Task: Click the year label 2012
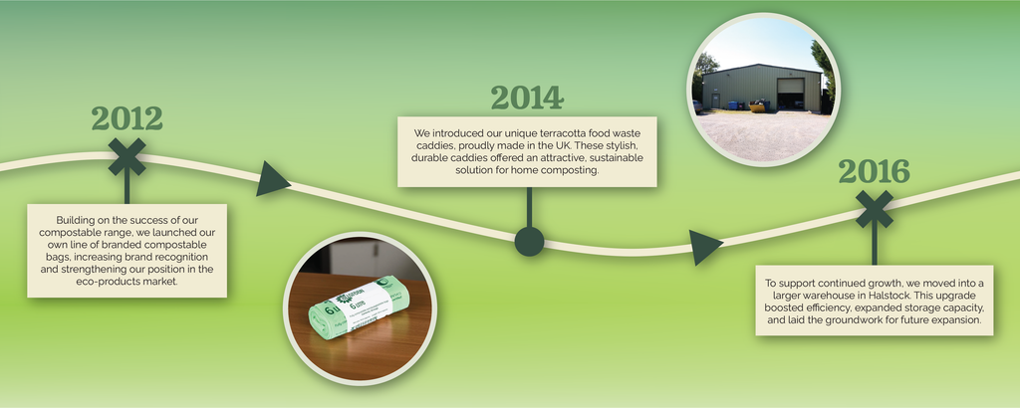(x=127, y=118)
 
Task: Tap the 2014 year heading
(x=527, y=98)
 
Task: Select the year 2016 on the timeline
(x=874, y=171)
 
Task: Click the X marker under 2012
(x=127, y=156)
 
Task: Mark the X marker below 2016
(x=875, y=209)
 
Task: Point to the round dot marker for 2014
(x=529, y=242)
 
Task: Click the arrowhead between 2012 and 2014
(x=272, y=179)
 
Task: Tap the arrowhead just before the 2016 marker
(x=705, y=247)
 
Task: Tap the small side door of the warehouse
(x=715, y=101)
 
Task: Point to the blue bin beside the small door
(x=732, y=104)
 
